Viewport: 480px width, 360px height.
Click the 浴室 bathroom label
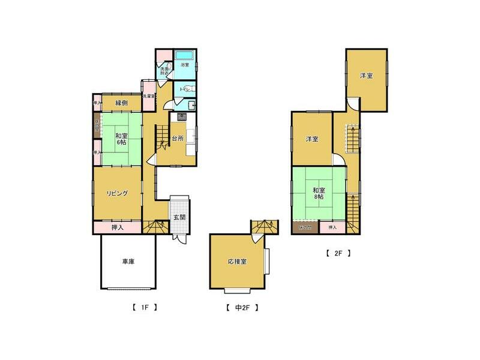click(185, 64)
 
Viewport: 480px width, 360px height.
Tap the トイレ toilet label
click(184, 89)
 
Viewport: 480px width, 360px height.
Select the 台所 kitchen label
click(178, 139)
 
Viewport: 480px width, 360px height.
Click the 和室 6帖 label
click(121, 139)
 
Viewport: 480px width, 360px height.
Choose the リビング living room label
click(118, 193)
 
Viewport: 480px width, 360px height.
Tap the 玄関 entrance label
click(179, 217)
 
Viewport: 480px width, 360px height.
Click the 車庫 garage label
click(128, 262)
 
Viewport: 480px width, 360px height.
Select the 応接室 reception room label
click(238, 262)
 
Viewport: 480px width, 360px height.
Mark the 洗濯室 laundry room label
click(149, 96)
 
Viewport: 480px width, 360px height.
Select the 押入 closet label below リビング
click(118, 227)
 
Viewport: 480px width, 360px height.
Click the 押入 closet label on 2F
click(332, 227)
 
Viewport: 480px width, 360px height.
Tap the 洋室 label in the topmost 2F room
click(367, 76)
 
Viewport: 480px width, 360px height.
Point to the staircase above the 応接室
click(264, 227)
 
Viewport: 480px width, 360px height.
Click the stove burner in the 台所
click(180, 116)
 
